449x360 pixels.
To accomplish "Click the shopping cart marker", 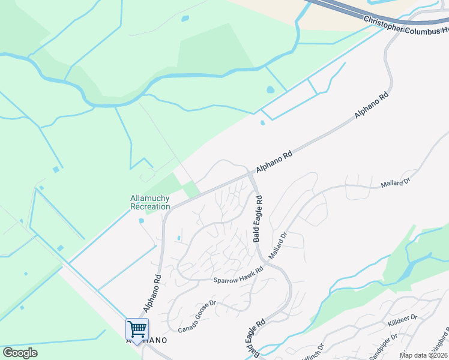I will tap(137, 329).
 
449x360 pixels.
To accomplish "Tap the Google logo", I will tap(20, 353).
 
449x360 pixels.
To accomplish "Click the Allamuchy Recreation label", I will tap(150, 202).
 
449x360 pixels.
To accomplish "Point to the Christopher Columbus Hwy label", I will tap(406, 25).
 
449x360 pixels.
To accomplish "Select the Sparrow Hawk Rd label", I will tap(238, 275).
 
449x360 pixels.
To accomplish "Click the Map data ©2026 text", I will tap(424, 355).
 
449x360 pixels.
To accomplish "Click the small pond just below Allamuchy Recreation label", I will tap(142, 220).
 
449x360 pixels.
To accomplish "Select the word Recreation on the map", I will tap(150, 206).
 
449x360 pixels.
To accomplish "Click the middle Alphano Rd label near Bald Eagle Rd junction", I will tap(274, 162).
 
